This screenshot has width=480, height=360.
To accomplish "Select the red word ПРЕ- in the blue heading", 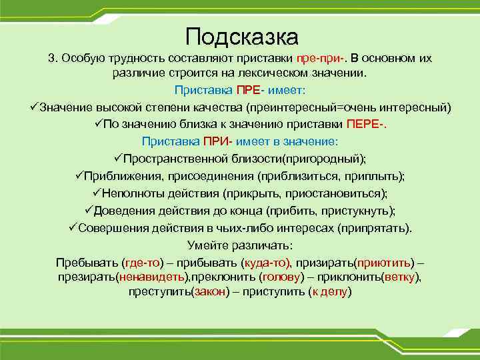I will coord(251,90).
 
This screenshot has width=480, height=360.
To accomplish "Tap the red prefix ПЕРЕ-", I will coord(366,124).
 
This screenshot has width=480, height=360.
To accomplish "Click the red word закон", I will coord(209,292).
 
